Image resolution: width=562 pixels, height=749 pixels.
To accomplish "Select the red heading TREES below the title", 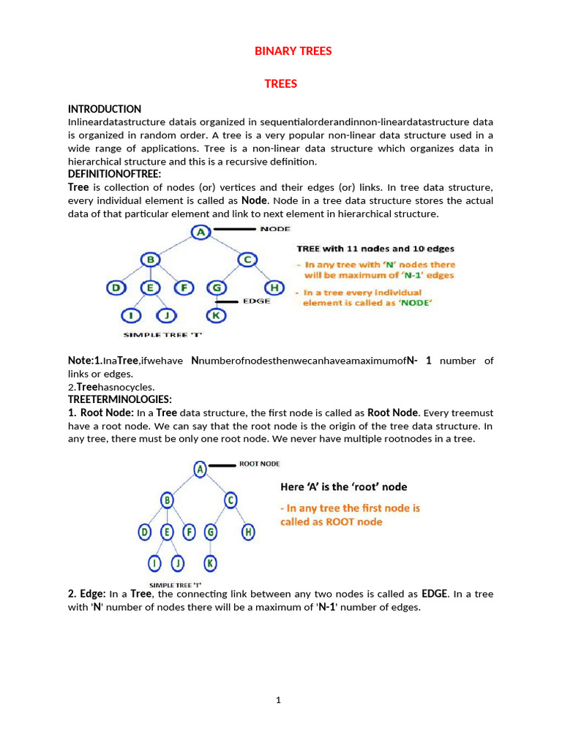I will (281, 84).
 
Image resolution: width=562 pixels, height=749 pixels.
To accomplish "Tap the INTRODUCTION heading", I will (105, 109).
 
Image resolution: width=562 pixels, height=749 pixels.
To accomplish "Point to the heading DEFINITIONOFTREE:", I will (114, 174).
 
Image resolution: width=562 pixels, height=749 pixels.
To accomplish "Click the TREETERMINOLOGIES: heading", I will (119, 399).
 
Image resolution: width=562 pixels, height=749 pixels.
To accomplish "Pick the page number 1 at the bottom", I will (278, 700).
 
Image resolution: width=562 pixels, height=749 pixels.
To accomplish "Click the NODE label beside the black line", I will (275, 229).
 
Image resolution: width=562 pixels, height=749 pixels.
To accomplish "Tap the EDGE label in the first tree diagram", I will (256, 301).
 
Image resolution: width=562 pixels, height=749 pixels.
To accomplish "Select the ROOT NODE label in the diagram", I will (259, 464).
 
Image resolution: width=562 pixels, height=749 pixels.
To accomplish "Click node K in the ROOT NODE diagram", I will (210, 563).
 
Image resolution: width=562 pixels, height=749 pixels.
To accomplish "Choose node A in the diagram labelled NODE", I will (200, 232).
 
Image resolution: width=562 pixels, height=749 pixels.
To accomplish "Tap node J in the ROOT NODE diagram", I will (178, 563).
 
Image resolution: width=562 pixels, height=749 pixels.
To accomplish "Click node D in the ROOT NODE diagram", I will (144, 532).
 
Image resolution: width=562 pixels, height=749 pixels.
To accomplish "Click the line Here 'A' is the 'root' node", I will (344, 487).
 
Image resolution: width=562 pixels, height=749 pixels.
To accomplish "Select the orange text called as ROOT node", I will (331, 522).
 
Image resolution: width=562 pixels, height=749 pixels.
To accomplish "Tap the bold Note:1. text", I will (84, 361).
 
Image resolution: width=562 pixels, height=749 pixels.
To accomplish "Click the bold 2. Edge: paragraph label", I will (87, 594).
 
